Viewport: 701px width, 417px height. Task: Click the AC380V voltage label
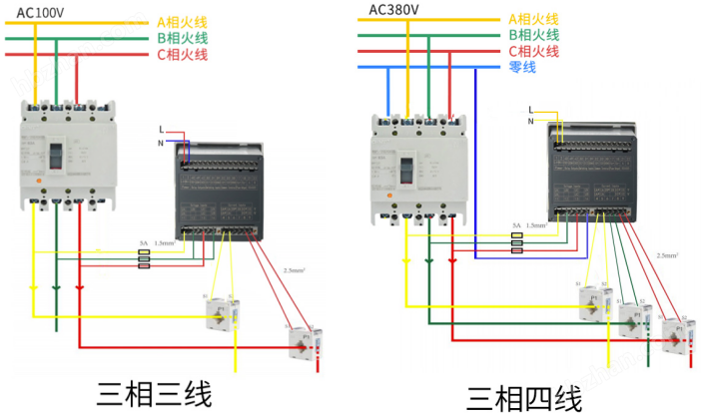pyautogui.click(x=394, y=9)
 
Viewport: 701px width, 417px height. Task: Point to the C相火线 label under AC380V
pyautogui.click(x=533, y=51)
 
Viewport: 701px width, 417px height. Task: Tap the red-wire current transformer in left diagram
pyautogui.click(x=301, y=342)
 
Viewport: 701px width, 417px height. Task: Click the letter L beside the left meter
pyautogui.click(x=161, y=130)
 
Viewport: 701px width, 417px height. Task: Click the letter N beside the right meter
pyautogui.click(x=530, y=121)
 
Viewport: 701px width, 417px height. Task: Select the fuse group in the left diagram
pyautogui.click(x=144, y=258)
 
